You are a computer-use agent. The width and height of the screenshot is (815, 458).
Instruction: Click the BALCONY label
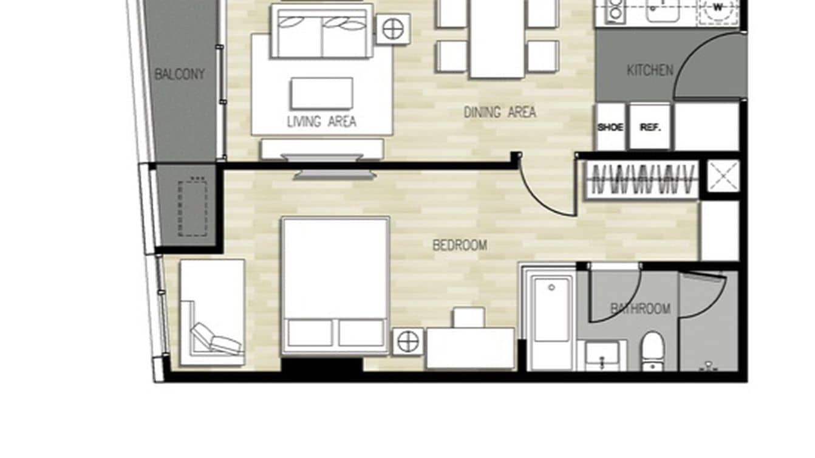(179, 75)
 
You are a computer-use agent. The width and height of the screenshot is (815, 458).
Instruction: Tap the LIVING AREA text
(321, 121)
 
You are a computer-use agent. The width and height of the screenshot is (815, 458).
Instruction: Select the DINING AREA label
(500, 112)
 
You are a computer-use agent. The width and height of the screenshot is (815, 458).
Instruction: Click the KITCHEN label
(650, 70)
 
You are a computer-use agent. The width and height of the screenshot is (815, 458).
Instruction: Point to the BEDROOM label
(460, 245)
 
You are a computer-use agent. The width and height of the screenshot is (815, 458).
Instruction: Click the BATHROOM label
(640, 309)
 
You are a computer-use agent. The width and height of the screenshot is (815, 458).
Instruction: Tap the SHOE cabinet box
(610, 128)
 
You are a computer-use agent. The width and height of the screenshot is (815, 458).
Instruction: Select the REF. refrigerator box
(650, 128)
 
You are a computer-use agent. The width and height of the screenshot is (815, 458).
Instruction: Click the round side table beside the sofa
(393, 29)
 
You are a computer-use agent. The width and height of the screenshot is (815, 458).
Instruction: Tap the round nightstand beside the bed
(408, 342)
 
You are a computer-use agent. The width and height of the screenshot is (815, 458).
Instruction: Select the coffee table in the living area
(322, 94)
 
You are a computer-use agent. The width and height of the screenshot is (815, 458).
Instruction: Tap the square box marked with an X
(724, 176)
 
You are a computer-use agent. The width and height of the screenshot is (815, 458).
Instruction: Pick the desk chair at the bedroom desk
(469, 317)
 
